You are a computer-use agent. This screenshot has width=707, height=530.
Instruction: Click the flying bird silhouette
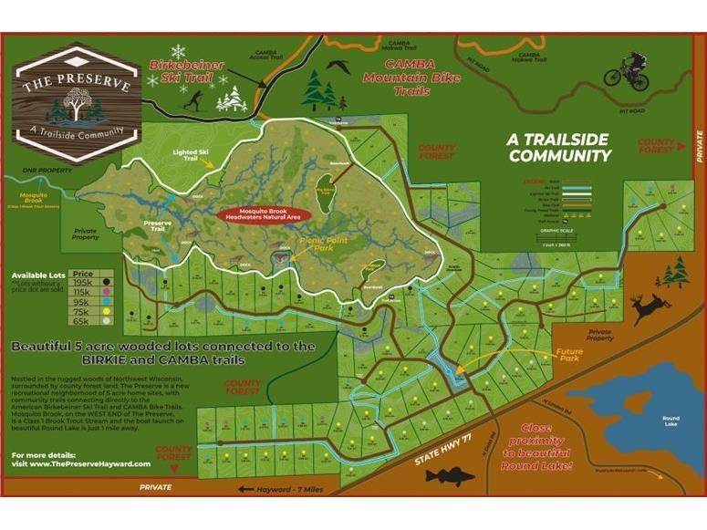[x=339, y=66]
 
